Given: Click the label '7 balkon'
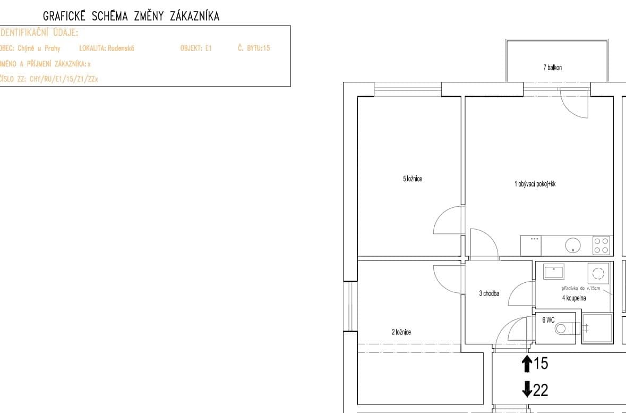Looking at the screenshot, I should pyautogui.click(x=552, y=68).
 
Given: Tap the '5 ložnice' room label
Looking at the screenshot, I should pyautogui.click(x=413, y=179).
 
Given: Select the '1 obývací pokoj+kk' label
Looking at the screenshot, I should pyautogui.click(x=535, y=184).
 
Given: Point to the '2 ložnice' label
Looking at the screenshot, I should pyautogui.click(x=401, y=332).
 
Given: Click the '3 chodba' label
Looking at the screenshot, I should pyautogui.click(x=489, y=293).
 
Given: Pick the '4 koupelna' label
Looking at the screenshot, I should pyautogui.click(x=574, y=298).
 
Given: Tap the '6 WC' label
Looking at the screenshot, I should pyautogui.click(x=548, y=321).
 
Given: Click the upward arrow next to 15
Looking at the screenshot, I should pyautogui.click(x=527, y=364).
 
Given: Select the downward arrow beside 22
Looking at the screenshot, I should pyautogui.click(x=527, y=390).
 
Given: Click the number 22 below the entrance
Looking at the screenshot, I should pyautogui.click(x=541, y=391).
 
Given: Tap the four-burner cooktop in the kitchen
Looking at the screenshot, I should pyautogui.click(x=602, y=246).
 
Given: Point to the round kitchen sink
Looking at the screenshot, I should pyautogui.click(x=572, y=245).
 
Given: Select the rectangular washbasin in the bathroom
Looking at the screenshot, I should pyautogui.click(x=553, y=272).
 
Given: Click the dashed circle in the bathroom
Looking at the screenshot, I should pyautogui.click(x=598, y=273).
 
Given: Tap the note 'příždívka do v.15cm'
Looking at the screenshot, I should pyautogui.click(x=580, y=288).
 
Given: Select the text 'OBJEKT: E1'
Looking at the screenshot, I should pyautogui.click(x=196, y=48).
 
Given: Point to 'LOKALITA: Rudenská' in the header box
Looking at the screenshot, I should pyautogui.click(x=107, y=48).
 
